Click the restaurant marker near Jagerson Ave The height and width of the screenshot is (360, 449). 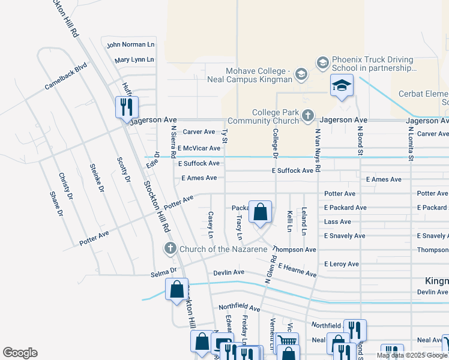[x=127, y=107]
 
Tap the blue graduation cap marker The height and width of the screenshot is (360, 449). [x=341, y=86]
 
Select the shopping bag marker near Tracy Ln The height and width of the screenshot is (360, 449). [x=260, y=211]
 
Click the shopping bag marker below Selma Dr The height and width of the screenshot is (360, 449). [x=177, y=289]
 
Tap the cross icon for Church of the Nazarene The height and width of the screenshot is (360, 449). [x=170, y=248]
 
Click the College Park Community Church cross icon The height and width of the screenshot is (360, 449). [x=308, y=115]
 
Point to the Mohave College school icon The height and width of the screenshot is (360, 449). [x=301, y=75]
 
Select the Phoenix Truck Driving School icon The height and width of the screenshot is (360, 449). [x=322, y=62]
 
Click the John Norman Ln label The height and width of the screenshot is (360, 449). [x=130, y=44]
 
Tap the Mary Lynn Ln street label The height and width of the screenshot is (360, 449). [x=134, y=60]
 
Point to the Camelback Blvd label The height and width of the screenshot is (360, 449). [x=66, y=77]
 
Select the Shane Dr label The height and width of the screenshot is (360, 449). [x=56, y=204]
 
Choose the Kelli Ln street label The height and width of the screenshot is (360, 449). [x=289, y=220]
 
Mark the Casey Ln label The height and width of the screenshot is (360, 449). [x=211, y=223]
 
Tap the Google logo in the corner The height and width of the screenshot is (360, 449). [x=20, y=353]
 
